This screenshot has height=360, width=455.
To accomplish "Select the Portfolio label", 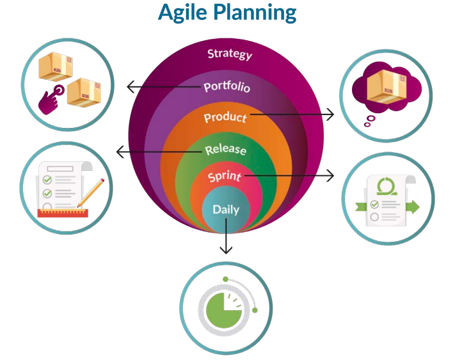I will [x=227, y=86].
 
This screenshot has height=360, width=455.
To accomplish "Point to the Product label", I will [x=225, y=118].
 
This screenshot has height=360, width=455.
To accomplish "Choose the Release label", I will [x=225, y=150].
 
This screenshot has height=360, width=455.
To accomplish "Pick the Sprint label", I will [x=225, y=176].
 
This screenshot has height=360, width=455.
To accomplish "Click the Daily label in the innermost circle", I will [x=225, y=209].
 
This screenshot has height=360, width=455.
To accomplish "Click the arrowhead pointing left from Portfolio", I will [x=130, y=86].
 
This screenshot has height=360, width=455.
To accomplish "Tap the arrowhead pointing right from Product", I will [x=330, y=114].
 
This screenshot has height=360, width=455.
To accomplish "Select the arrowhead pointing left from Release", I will [x=120, y=152].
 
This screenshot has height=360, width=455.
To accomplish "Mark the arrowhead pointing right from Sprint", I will [x=331, y=175].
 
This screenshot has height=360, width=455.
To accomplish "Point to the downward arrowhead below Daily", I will [x=226, y=250].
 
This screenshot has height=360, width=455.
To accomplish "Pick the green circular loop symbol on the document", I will [x=386, y=186].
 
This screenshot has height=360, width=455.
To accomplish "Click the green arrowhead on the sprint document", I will [x=413, y=207].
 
